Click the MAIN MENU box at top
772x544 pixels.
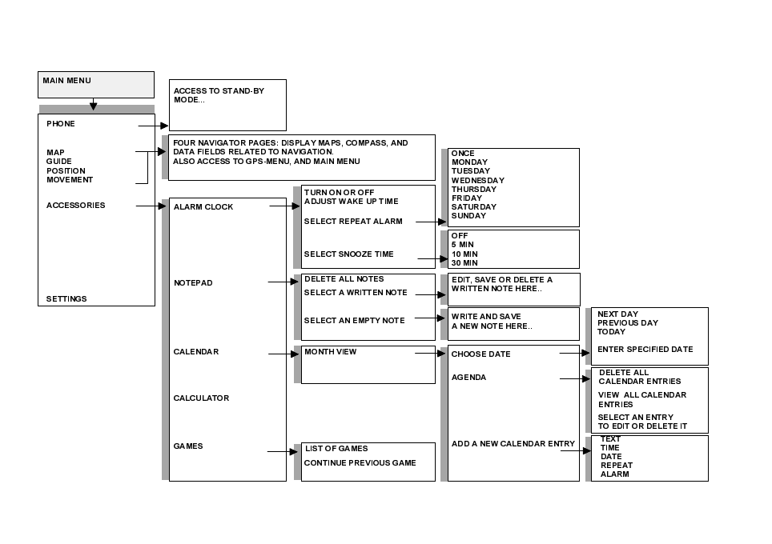95,84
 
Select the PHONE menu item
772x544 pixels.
61,124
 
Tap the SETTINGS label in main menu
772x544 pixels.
66,299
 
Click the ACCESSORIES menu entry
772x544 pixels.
75,206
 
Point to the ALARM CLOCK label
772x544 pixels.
203,207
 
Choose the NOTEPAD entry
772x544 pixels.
193,283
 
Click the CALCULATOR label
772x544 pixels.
201,398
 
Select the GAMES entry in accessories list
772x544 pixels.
188,446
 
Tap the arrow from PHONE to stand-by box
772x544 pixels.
154,126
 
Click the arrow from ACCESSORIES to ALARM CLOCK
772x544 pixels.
151,206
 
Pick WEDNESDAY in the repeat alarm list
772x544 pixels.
478,181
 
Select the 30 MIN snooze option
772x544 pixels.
464,263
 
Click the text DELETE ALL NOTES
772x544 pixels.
344,279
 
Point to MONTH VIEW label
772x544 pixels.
330,352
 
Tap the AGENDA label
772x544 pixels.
468,378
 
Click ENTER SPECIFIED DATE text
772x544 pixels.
645,350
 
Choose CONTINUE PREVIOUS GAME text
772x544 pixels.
360,463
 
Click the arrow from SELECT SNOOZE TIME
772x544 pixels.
432,258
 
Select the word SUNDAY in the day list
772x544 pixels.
468,216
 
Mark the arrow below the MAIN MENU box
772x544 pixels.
94,105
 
